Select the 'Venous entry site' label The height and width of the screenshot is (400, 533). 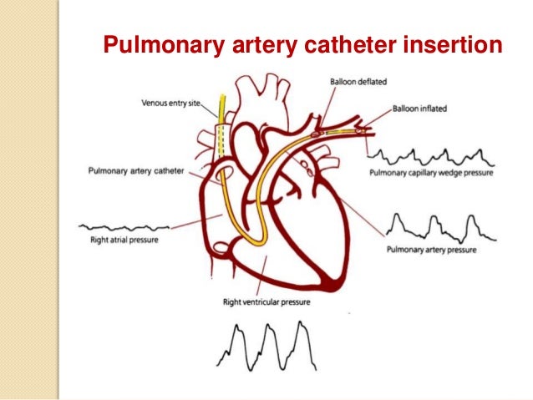tap(178, 104)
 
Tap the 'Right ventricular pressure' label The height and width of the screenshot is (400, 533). tap(258, 301)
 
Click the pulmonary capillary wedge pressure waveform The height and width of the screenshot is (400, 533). tap(431, 155)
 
